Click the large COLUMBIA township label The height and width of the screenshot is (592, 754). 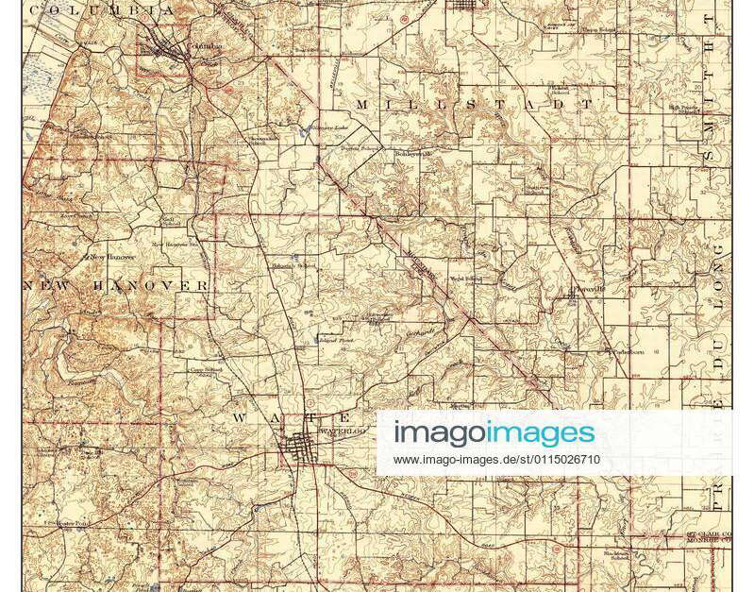[101, 10]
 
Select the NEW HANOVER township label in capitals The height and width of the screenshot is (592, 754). [116, 285]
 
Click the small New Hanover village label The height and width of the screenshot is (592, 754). [111, 256]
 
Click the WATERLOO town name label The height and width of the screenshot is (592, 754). [342, 431]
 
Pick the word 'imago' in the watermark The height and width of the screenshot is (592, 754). [439, 433]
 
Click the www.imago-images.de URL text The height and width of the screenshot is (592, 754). [496, 460]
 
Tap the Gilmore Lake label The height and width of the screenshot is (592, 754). [330, 128]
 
